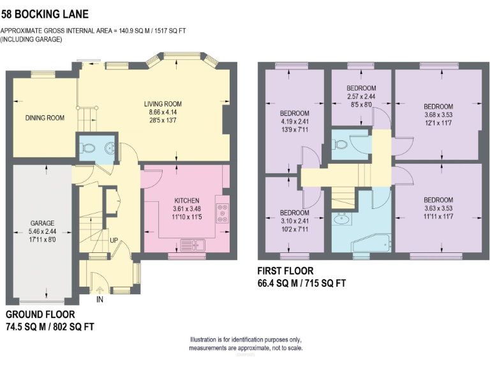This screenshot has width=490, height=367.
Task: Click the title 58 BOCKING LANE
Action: [x=45, y=13]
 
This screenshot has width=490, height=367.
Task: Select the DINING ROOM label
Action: [x=45, y=117]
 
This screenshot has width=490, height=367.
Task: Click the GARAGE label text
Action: [x=42, y=223]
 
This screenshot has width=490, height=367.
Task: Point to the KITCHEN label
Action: [x=187, y=200]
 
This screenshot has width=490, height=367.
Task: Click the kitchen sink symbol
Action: [x=191, y=244]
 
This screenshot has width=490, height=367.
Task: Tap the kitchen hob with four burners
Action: [x=223, y=213]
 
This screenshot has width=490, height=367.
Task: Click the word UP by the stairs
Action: [x=114, y=241]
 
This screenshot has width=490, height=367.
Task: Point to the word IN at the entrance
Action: [x=100, y=298]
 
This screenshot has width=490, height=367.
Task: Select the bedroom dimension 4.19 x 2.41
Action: [x=294, y=120]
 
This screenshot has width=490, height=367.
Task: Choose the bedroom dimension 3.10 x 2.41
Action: [x=294, y=220]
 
